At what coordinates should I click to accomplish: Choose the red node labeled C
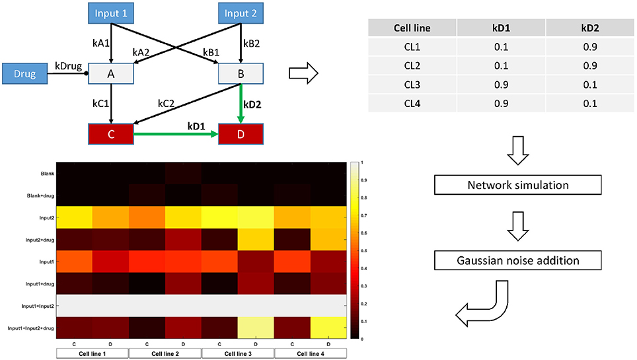click(110, 133)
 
